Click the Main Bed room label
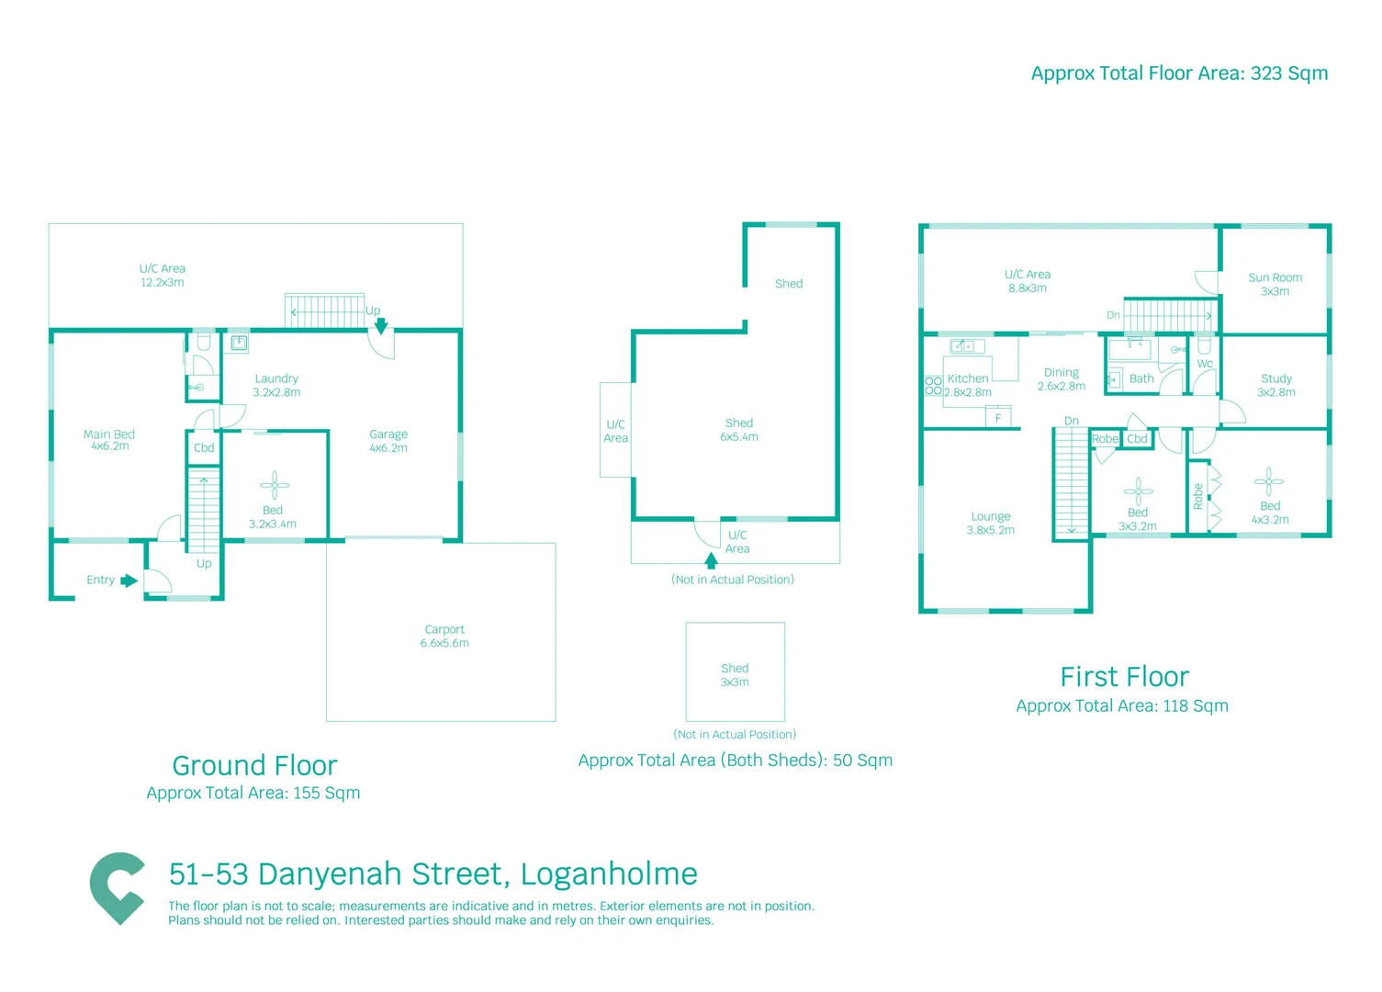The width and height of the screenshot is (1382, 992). pos(109,440)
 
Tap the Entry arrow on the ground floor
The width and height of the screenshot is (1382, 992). pos(129,581)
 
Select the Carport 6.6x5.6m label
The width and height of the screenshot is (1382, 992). pos(444,637)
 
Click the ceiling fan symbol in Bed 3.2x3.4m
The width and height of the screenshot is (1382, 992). pos(274,485)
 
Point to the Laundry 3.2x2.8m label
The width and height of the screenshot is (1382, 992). pos(276,385)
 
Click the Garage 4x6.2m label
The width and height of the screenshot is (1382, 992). pos(388,441)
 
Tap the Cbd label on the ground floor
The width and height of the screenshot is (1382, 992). pos(204,448)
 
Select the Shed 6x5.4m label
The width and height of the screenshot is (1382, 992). pos(739,430)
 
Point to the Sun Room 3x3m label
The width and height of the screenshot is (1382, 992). pos(1275,284)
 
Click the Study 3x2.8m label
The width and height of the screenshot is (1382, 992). pos(1276,385)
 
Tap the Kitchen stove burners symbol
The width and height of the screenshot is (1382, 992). pos(933,385)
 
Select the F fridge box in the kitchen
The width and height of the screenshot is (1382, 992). pos(998,418)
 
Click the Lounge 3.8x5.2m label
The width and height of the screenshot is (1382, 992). pos(991,524)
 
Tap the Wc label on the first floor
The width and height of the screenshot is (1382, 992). pos(1205,364)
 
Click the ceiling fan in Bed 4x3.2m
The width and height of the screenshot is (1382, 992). pos(1269,480)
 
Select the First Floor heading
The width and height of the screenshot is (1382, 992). pos(1124,677)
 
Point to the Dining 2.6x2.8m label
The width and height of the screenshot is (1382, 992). pos(1062,379)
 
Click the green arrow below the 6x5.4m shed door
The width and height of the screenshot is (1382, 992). pos(711,560)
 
